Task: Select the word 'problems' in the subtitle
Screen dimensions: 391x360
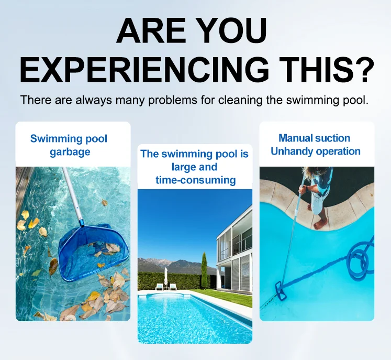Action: pyautogui.click(x=173, y=100)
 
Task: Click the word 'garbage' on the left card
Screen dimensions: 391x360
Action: pyautogui.click(x=70, y=152)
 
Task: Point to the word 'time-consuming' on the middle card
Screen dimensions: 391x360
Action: pyautogui.click(x=196, y=180)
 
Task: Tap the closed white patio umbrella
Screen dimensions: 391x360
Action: pyautogui.click(x=165, y=276)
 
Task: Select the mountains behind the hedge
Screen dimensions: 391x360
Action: pyautogui.click(x=174, y=265)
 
